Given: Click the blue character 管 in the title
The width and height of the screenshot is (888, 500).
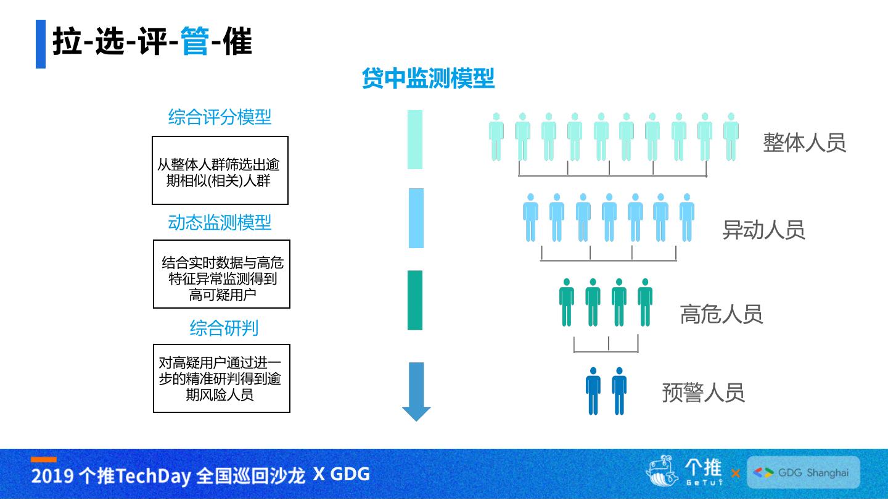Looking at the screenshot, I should point(195,42).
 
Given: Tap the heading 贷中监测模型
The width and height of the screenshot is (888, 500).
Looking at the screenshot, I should point(428,79).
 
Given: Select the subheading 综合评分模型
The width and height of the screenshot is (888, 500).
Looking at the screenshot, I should point(220,117).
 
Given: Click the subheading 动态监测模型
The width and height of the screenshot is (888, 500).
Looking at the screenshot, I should point(220,222).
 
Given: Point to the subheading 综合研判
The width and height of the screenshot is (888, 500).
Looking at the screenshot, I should point(223,328).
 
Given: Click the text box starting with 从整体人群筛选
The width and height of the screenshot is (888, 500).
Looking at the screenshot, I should point(220,170).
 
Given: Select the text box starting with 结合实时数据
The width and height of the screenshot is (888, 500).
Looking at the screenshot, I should point(221,274).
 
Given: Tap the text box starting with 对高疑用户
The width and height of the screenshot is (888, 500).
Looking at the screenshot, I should point(221,378).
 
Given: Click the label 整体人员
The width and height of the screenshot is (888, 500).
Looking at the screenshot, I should point(804,143).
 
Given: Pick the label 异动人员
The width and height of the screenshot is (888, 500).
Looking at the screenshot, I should point(763,230).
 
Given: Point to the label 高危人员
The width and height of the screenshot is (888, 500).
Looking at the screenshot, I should point(721,314).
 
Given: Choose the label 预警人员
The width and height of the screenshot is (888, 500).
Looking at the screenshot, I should point(703,393).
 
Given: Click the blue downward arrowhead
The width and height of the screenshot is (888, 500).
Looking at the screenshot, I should point(416,412).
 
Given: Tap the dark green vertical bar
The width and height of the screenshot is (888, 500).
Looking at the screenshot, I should point(415,300).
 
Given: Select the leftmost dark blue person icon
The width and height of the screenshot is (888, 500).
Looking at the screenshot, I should point(593,391).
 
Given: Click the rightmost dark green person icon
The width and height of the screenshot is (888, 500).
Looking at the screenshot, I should point(645,302).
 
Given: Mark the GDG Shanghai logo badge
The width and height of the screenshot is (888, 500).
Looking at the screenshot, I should point(803,473).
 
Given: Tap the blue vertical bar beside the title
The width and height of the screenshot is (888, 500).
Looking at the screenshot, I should point(41,44).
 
